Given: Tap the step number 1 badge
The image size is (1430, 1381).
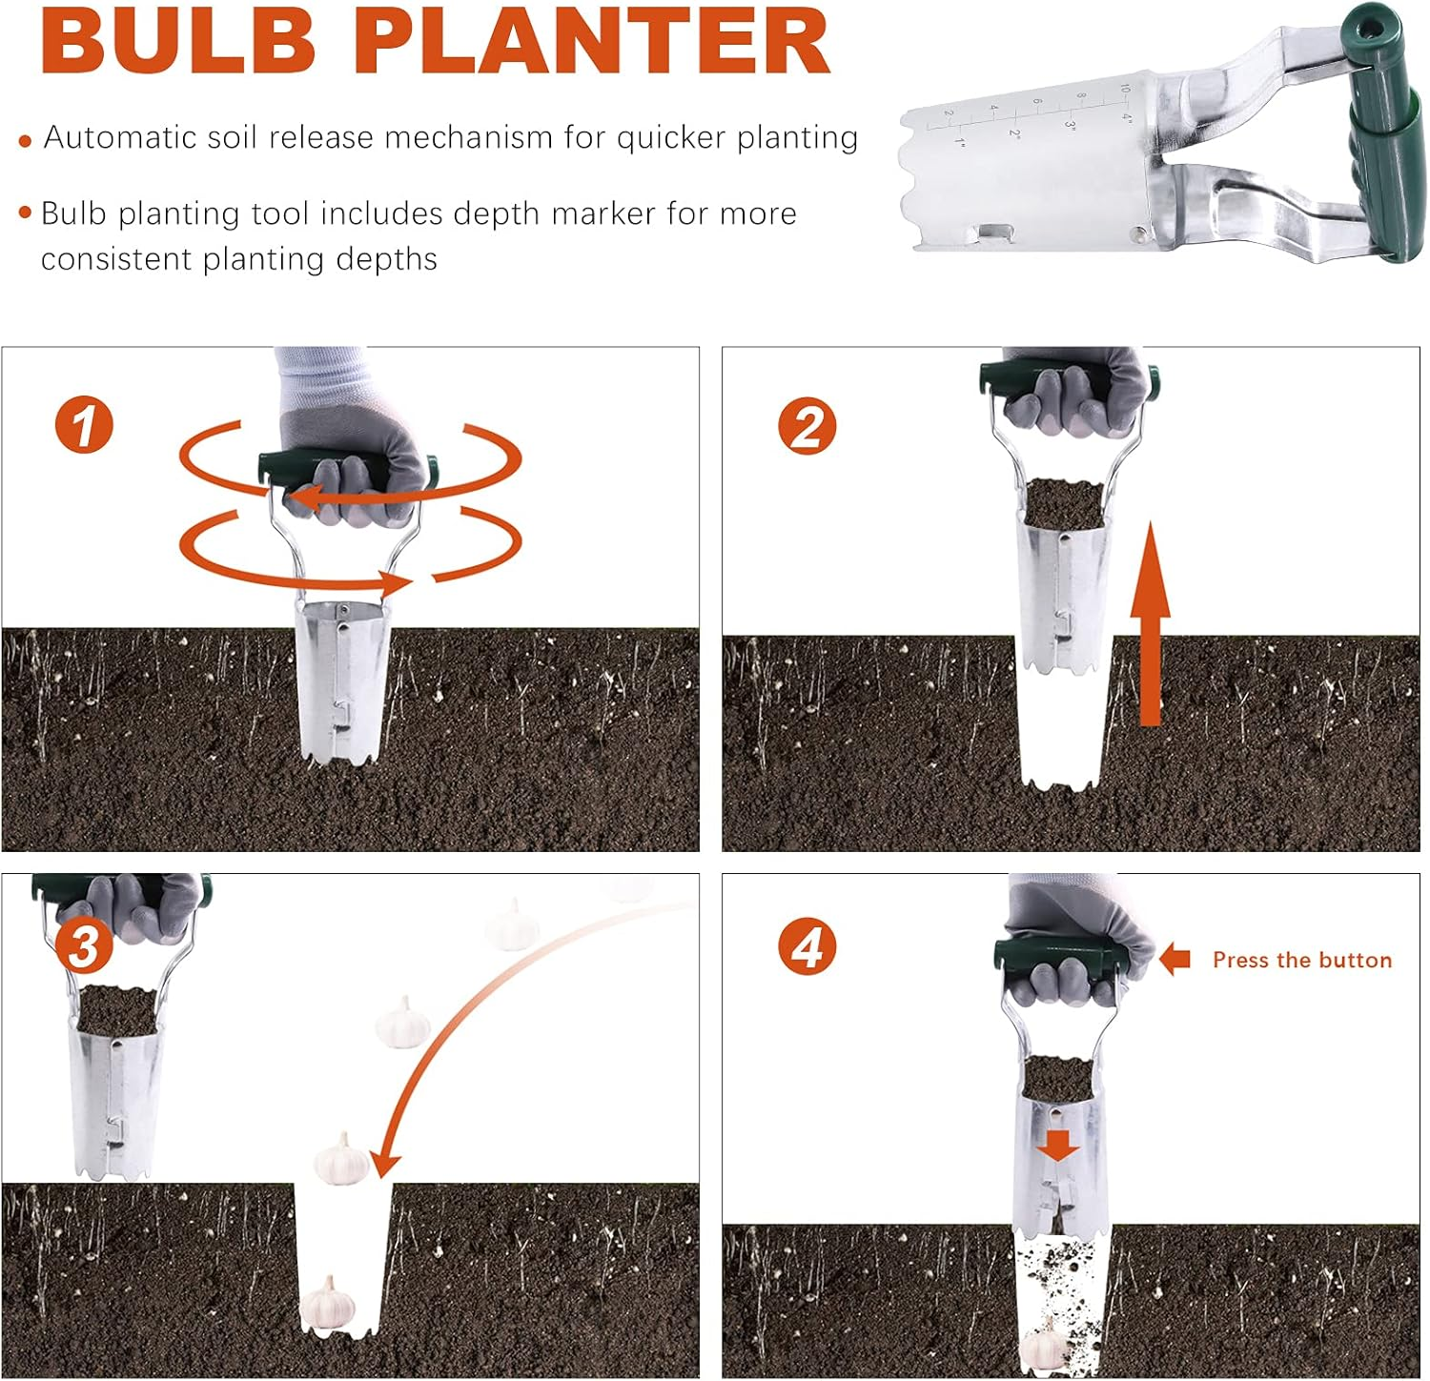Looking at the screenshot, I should tap(84, 425).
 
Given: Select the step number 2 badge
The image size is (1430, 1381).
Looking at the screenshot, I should tap(807, 426).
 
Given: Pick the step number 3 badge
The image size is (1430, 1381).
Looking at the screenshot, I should tap(84, 946).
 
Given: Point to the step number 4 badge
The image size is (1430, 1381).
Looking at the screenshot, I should tap(807, 947).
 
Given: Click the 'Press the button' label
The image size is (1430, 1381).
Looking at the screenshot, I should tap(1301, 960).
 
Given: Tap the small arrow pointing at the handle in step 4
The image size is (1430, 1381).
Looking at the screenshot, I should tap(1175, 959).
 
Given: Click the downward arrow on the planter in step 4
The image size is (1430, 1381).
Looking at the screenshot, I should tap(1057, 1145).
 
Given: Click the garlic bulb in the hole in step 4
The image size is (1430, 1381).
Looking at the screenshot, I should tap(1044, 1347).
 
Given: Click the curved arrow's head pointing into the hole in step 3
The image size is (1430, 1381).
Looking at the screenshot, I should tap(384, 1164).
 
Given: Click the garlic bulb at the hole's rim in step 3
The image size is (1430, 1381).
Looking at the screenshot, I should tap(341, 1159).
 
